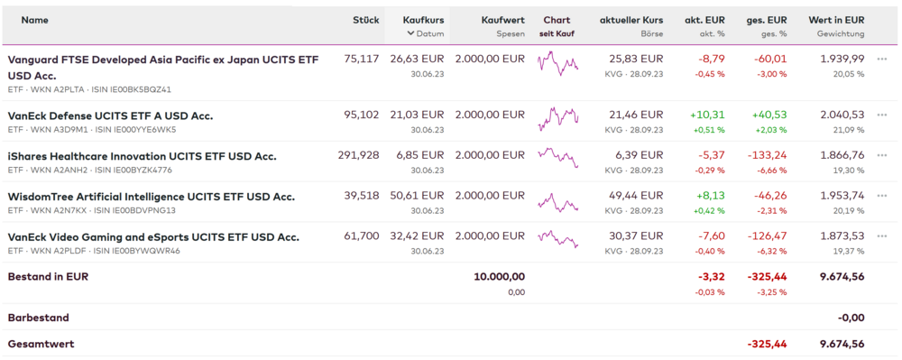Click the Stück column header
pos(366,20)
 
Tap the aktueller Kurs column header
pos(631,20)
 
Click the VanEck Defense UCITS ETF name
pos(110,116)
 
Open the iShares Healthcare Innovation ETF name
pos(143,156)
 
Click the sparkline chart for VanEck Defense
pos(558,119)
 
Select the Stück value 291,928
pos(358,155)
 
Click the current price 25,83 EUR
pos(636,59)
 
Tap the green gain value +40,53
pos(768,115)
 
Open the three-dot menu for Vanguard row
pos(882,59)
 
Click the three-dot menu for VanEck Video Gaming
pos(882,235)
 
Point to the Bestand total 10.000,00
pos(500,277)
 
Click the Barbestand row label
pos(39,318)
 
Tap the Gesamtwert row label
pos(41,345)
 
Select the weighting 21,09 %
pos(849,130)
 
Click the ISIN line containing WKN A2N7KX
pos(91,210)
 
